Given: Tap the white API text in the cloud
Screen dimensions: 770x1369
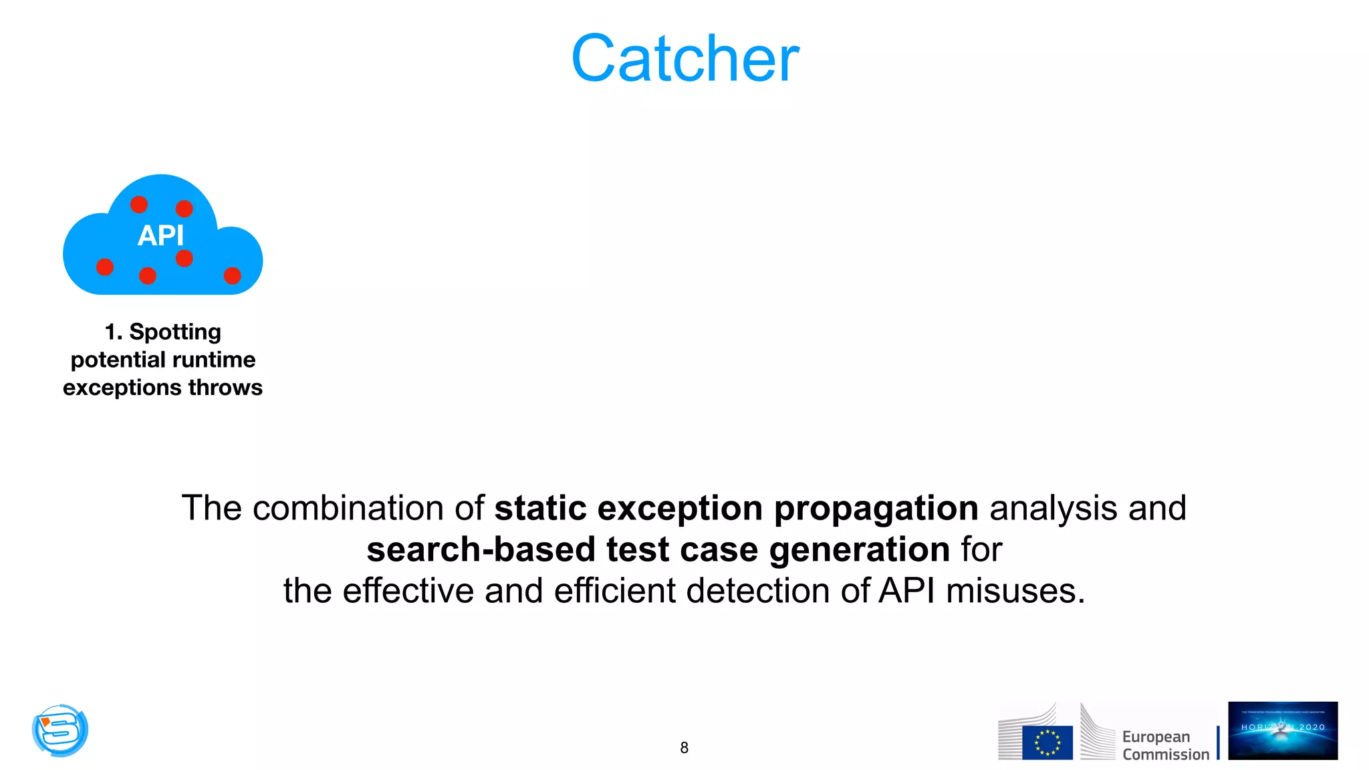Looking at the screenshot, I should coord(160,235).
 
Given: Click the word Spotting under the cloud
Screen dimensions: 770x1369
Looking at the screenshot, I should coord(175,332).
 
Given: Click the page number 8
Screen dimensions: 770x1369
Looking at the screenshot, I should coord(684,748).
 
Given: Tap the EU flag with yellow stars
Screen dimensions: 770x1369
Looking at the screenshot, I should coord(1047,743).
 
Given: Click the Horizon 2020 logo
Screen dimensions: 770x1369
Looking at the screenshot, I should coord(1283,731).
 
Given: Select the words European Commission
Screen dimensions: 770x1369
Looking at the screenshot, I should coord(1165,745).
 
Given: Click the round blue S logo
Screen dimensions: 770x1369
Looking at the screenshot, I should coord(60,730).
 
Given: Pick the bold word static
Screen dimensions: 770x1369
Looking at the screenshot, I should coord(540,508).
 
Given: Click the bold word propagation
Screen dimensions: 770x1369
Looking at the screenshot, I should coord(876,508).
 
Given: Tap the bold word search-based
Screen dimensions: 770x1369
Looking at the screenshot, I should coord(481,549).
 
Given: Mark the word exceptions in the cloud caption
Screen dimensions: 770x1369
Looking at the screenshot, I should coord(122,388).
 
